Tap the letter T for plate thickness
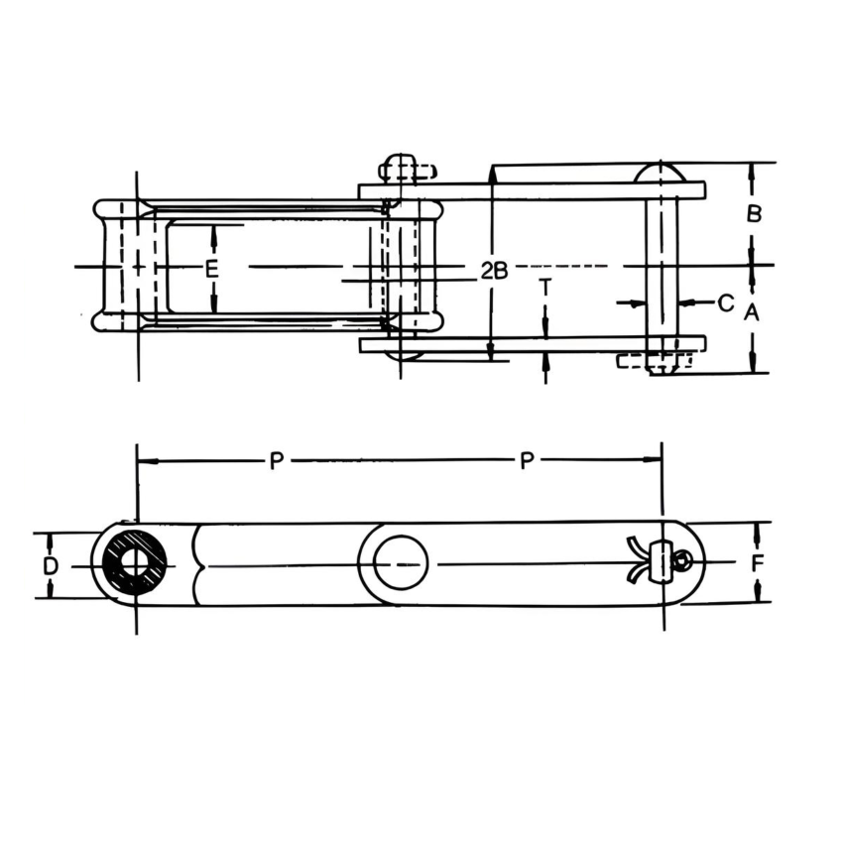point(544,287)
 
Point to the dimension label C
point(725,301)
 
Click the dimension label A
point(752,312)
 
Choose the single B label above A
point(754,213)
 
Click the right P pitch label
point(528,460)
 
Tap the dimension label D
point(51,565)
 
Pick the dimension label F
point(758,563)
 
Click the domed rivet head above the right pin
point(661,172)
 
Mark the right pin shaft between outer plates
point(662,266)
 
